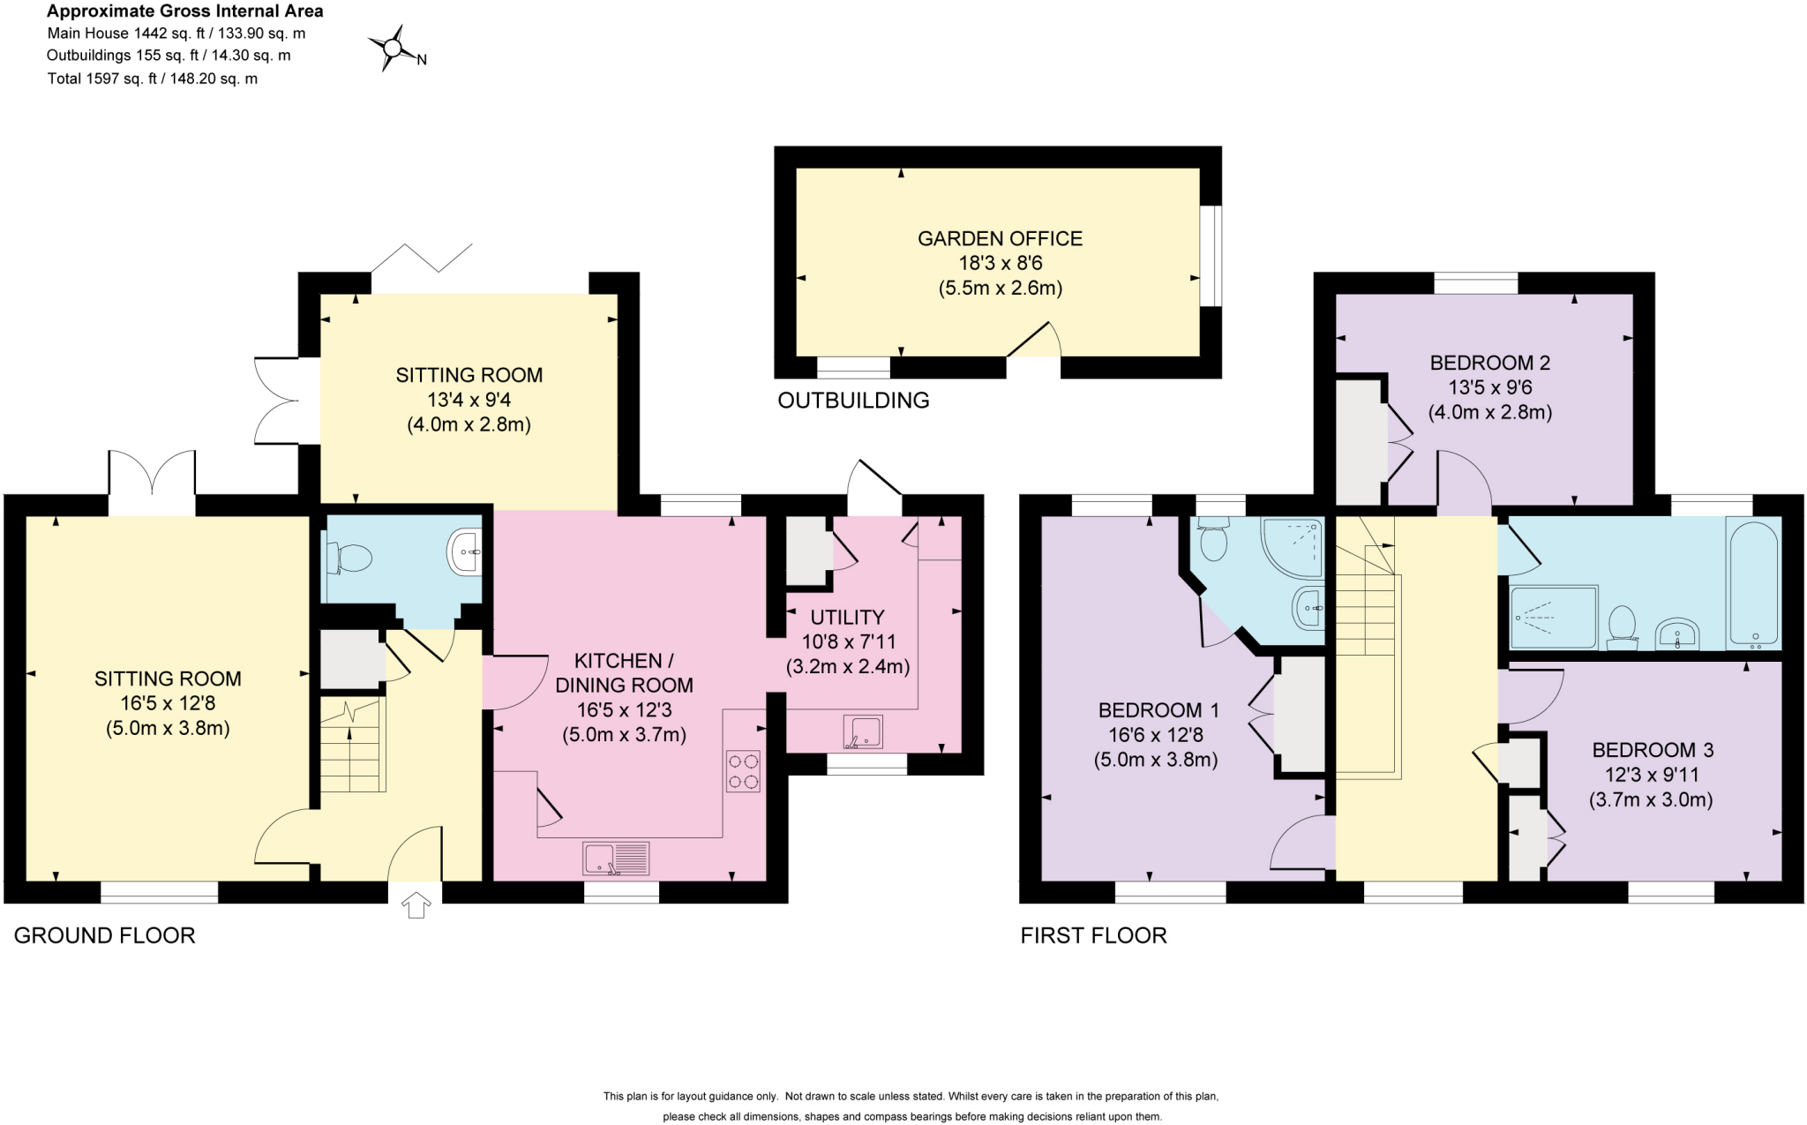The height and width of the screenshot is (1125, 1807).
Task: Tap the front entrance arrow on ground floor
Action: point(416,904)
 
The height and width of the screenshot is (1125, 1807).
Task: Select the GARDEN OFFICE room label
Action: point(1000,238)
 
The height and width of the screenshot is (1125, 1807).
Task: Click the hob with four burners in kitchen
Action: point(743,770)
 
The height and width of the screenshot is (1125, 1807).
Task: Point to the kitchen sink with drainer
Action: point(616,859)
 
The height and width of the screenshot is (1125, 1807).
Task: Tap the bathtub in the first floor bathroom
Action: point(1754,582)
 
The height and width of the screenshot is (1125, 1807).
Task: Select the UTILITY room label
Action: point(847,617)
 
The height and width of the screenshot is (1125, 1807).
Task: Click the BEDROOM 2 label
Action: point(1489,363)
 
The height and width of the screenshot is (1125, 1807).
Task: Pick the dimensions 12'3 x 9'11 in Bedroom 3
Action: point(1651,775)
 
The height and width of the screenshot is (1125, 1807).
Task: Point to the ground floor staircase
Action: point(352,745)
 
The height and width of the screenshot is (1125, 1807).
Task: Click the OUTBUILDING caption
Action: point(853,401)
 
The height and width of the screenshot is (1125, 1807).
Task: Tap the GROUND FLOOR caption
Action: point(104,935)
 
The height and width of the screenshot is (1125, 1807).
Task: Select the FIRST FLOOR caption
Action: point(1093,935)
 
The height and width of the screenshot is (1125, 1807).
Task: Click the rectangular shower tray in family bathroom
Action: point(1554,618)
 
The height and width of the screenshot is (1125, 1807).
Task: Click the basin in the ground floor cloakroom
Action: point(466,552)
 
